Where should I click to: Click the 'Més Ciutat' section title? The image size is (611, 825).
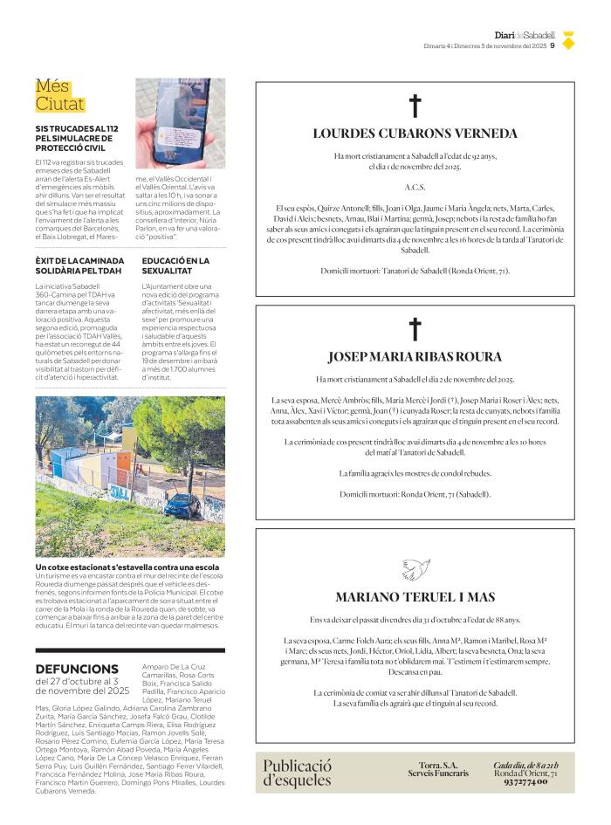click(60, 95)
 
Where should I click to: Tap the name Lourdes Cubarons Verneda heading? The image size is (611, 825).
click(415, 134)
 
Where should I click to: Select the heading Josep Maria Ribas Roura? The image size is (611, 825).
click(415, 356)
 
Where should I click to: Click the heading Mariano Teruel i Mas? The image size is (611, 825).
click(415, 597)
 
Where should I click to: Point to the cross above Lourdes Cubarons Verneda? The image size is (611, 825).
click(415, 107)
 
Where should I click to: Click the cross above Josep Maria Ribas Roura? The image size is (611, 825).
click(415, 329)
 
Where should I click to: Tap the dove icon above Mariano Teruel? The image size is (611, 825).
click(415, 569)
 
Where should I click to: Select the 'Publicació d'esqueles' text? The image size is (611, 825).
click(298, 773)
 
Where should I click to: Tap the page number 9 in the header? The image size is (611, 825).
click(553, 47)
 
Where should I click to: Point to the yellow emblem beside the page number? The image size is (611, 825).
click(568, 40)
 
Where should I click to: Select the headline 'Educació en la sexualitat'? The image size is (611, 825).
click(175, 265)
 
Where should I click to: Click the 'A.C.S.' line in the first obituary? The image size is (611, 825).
click(415, 188)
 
